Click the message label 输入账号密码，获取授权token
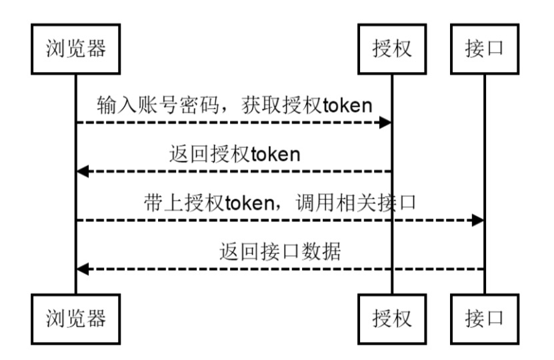[233, 105]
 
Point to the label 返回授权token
[233, 155]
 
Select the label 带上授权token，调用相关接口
[279, 203]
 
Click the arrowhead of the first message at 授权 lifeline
[385, 123]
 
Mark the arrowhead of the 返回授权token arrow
[82, 171]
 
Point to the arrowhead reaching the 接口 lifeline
[478, 220]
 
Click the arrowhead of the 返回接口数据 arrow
[82, 269]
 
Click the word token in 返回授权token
[275, 155]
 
